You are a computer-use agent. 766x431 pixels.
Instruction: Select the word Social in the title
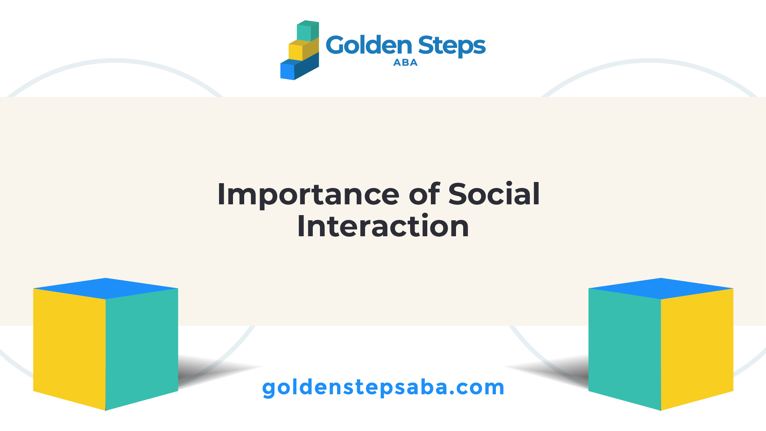point(494,194)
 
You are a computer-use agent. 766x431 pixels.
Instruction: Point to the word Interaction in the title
point(383,226)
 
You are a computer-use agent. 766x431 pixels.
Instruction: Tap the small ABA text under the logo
point(405,63)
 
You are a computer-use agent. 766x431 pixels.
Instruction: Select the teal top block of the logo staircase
point(308,31)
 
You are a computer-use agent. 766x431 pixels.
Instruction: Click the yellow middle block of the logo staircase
point(304,49)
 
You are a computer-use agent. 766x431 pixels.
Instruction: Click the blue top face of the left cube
point(106,289)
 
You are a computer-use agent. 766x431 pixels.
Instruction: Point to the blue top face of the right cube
point(661,289)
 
